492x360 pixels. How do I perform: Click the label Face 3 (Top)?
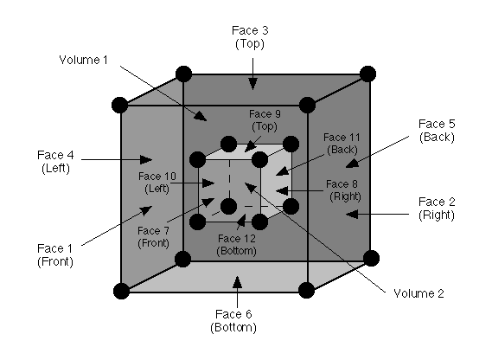[x=252, y=36]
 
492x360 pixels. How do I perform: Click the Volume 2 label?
[x=417, y=293]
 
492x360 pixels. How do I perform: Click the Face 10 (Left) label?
[x=157, y=182]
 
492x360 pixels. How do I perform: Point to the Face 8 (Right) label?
[x=343, y=190]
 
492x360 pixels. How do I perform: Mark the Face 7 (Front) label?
[x=153, y=236]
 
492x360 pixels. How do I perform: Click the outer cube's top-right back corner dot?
[x=368, y=74]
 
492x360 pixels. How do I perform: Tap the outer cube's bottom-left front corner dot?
[x=120, y=290]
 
